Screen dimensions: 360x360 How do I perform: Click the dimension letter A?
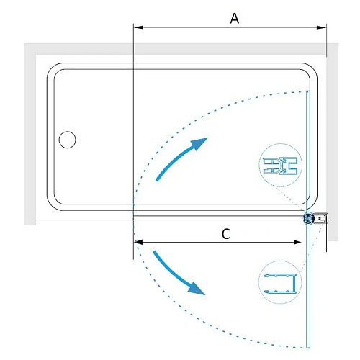[234, 19]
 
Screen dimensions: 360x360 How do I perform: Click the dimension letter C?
[225, 234]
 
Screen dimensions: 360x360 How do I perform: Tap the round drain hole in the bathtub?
[67, 139]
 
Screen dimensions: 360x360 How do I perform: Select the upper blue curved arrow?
[181, 157]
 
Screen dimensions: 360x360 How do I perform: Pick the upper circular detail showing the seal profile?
[280, 166]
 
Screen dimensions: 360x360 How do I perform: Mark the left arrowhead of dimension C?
[138, 243]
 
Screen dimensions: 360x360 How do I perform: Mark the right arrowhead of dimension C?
[302, 243]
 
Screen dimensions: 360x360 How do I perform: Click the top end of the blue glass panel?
[309, 92]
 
